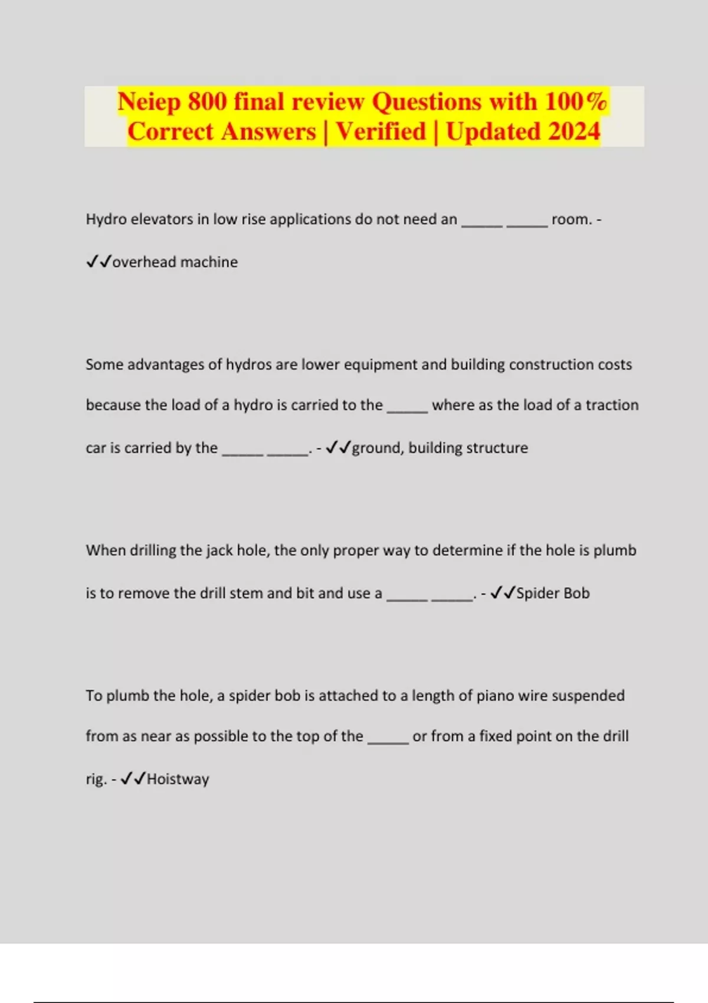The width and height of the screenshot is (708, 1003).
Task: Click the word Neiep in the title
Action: [x=149, y=103]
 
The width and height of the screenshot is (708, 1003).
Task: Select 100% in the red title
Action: [x=575, y=101]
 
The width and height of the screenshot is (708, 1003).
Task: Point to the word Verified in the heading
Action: [x=381, y=132]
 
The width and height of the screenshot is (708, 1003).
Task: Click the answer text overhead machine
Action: [x=175, y=262]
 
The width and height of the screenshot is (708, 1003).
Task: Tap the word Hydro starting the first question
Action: [x=106, y=219]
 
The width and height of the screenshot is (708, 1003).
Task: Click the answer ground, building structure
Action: [x=440, y=448]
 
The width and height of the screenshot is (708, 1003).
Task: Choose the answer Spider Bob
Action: [x=553, y=593]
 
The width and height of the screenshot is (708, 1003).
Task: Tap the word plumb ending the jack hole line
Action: [x=615, y=550]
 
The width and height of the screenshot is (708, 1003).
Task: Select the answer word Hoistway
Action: [x=178, y=779]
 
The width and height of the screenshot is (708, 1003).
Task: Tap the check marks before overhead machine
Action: [x=99, y=261]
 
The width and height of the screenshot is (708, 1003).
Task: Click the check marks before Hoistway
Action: [x=133, y=779]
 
